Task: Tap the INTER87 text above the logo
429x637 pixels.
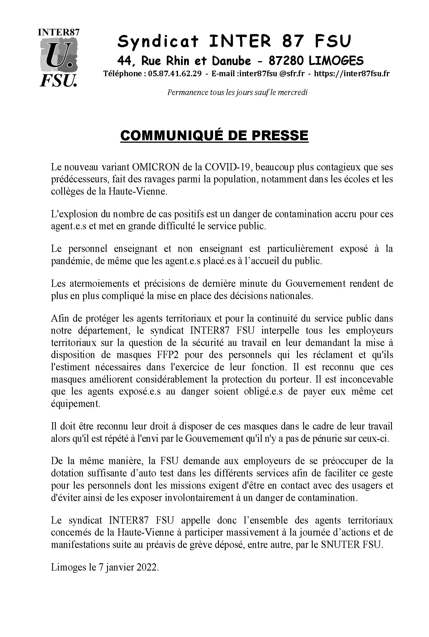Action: point(59,32)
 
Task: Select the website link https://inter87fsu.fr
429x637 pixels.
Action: point(352,73)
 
